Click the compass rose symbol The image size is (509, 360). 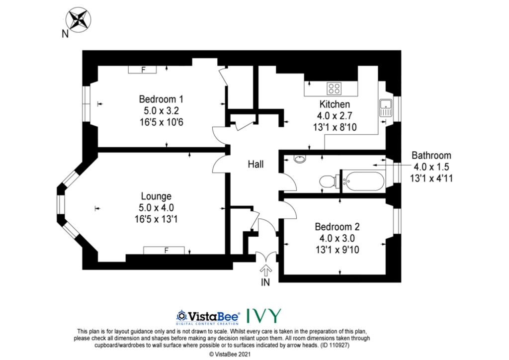click(x=78, y=20)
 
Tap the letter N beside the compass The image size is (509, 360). click(x=65, y=33)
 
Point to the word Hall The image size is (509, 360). click(x=255, y=164)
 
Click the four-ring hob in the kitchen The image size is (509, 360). click(x=334, y=89)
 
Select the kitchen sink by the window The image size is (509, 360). click(x=386, y=108)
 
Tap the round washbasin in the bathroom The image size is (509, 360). click(x=299, y=159)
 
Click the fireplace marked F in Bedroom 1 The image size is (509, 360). click(x=143, y=70)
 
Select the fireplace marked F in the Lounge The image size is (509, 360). click(x=164, y=250)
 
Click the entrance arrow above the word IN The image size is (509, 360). click(x=266, y=270)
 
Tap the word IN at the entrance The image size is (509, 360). click(x=265, y=282)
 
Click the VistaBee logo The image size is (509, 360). click(x=208, y=317)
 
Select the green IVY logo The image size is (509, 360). click(x=264, y=316)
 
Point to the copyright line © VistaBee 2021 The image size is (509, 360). click(x=230, y=355)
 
